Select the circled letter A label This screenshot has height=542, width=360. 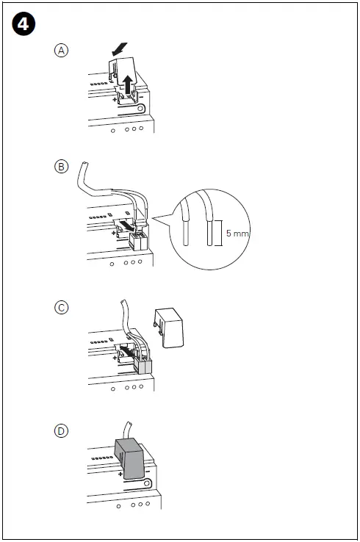click(x=62, y=50)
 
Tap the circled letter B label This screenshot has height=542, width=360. click(x=62, y=167)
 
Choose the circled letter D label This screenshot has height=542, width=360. click(x=62, y=430)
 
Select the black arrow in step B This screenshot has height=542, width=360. click(x=129, y=227)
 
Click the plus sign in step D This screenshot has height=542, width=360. click(x=119, y=474)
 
